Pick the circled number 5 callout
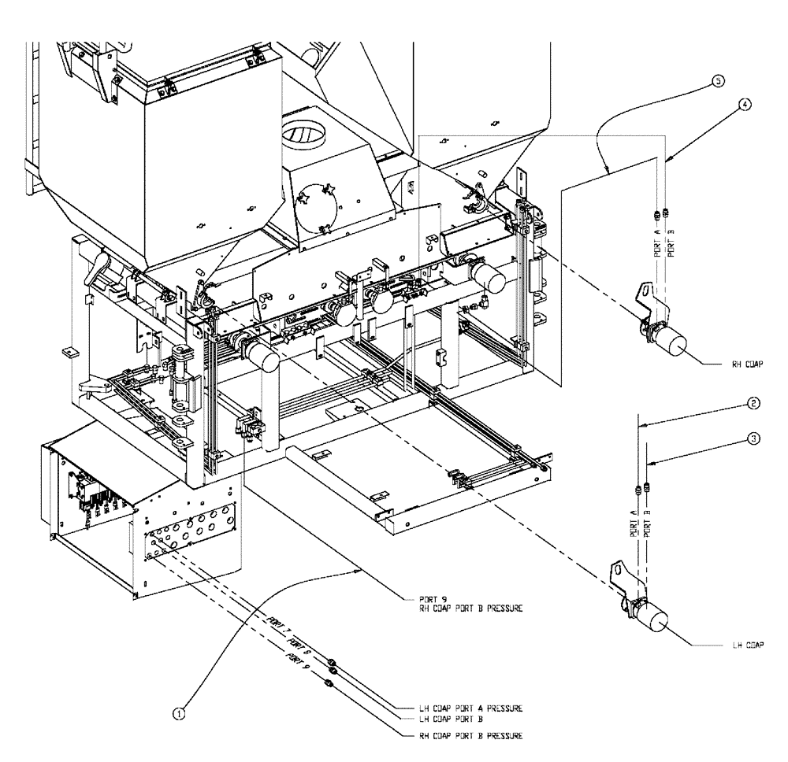[x=716, y=80]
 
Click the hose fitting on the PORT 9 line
[x=329, y=683]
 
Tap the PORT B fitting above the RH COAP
[x=666, y=211]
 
